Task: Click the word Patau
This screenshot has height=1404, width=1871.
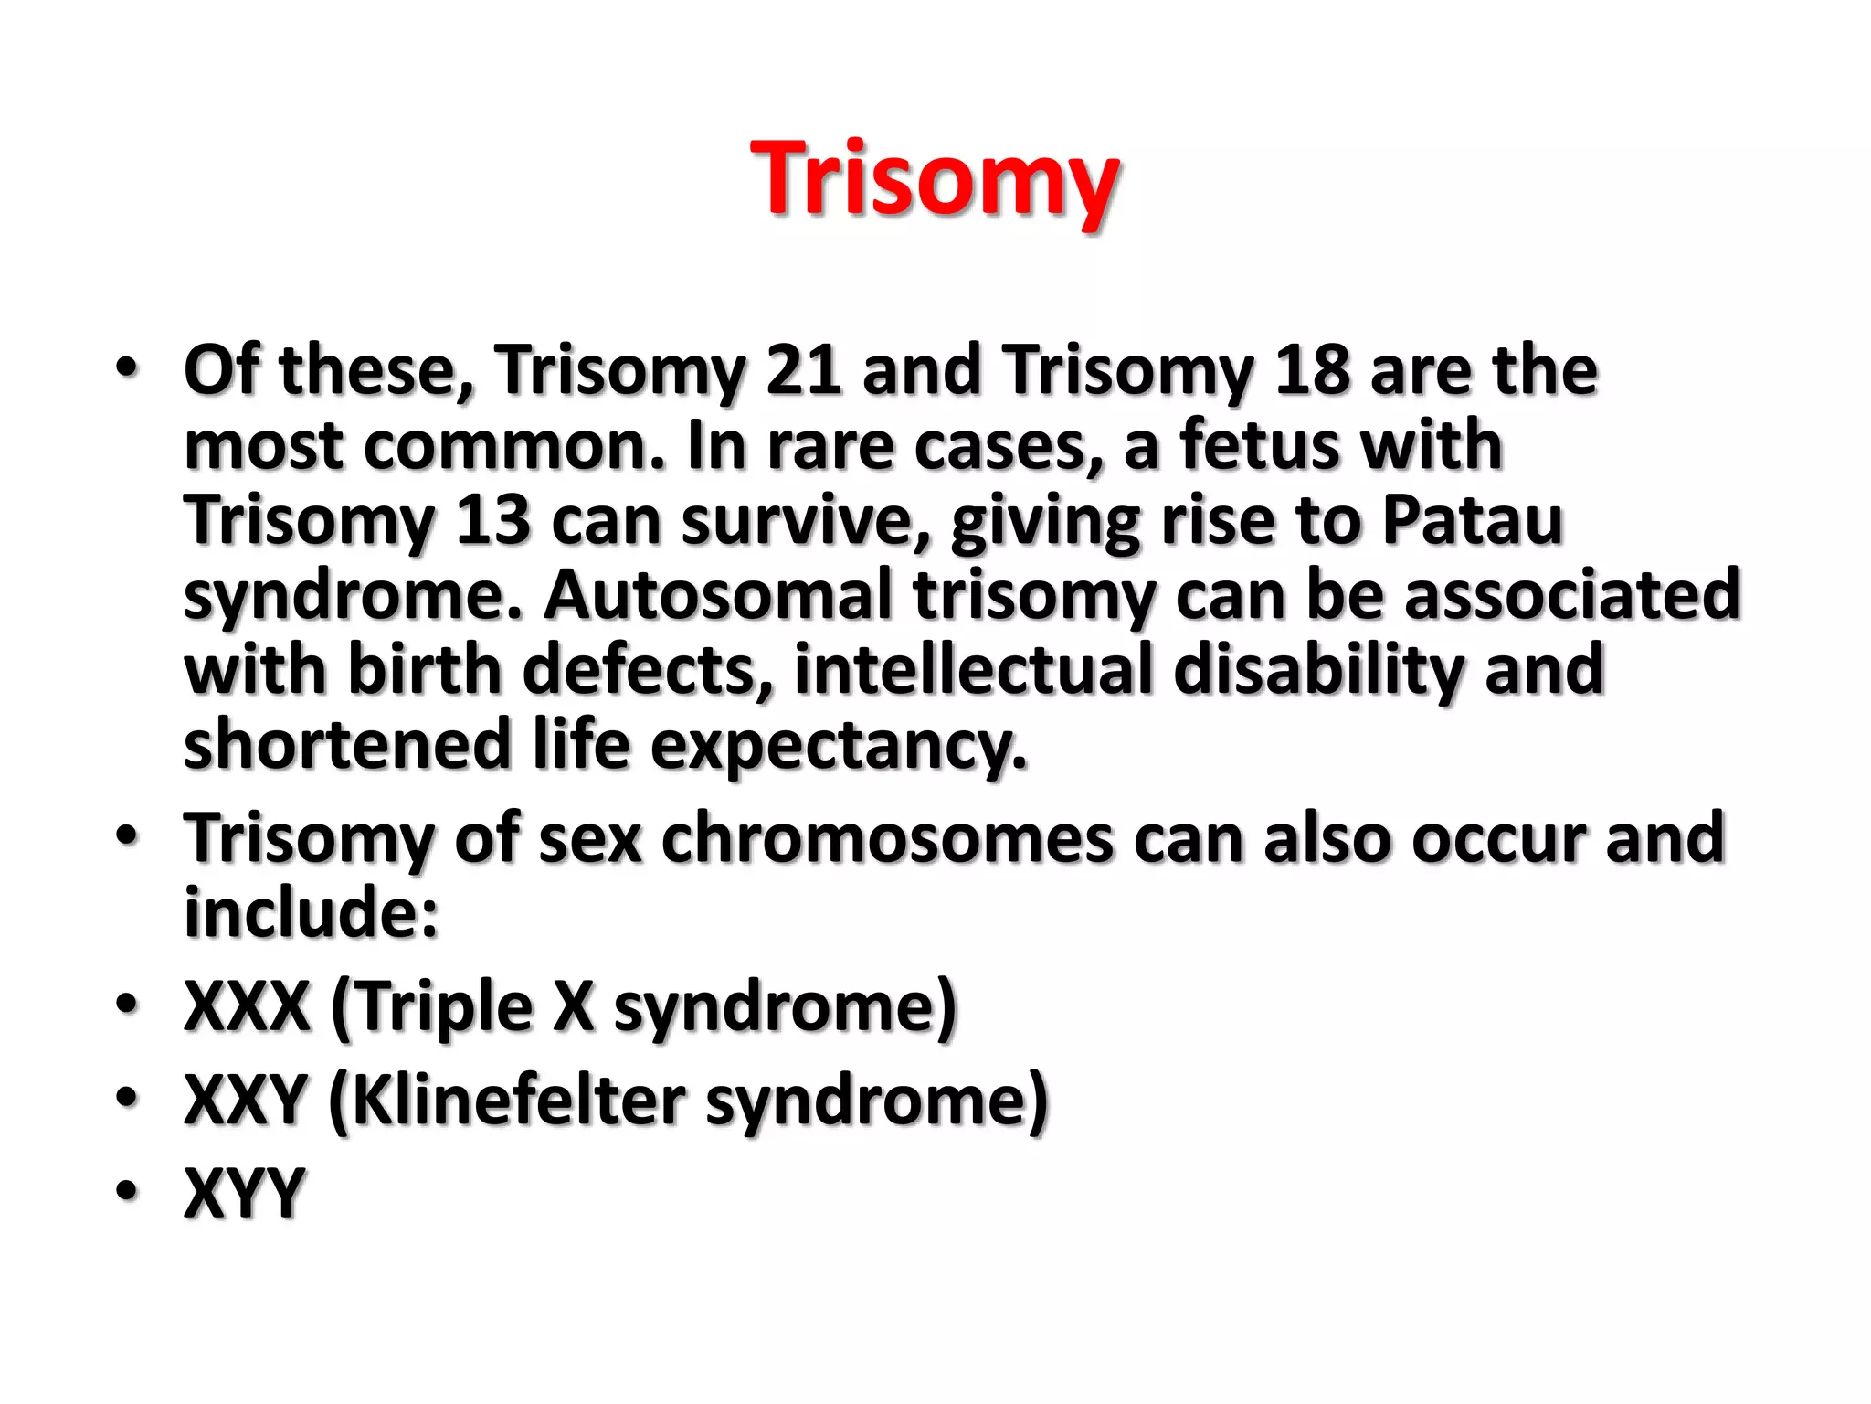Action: coord(1472,521)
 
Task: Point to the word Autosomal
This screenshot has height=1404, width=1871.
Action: coord(717,596)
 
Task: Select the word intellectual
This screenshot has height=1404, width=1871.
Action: coord(973,670)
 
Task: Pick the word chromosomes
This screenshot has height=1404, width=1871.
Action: coord(886,838)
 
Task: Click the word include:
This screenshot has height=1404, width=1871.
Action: coord(312,913)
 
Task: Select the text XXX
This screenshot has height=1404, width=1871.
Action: coord(247,1006)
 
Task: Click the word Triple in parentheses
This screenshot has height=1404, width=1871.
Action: coord(442,1006)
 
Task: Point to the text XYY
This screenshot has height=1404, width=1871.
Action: coord(244,1193)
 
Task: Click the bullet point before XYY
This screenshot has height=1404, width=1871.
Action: coord(127,1191)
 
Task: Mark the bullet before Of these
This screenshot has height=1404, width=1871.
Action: coord(127,368)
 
